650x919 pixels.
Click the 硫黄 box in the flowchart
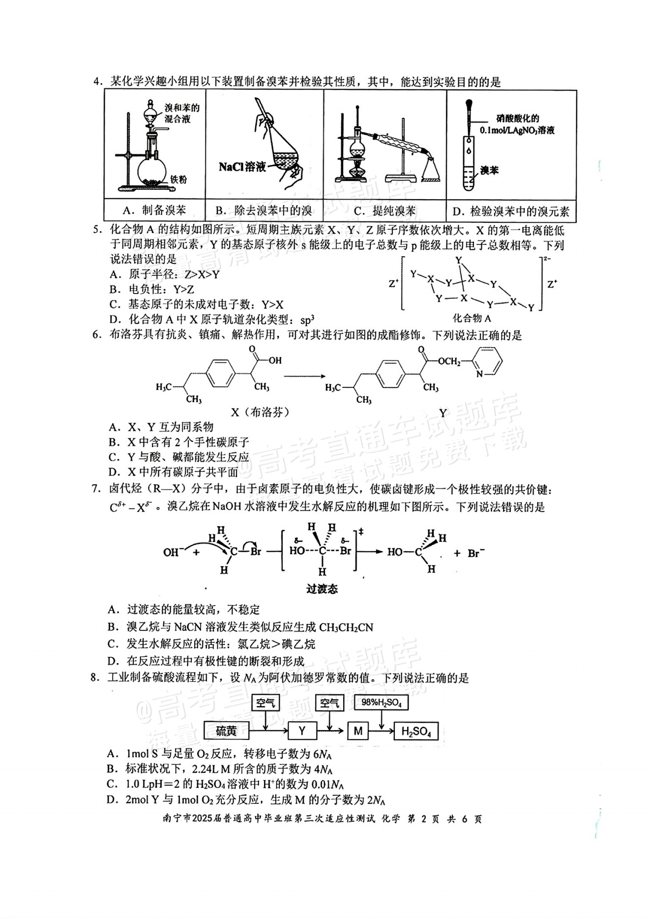point(226,731)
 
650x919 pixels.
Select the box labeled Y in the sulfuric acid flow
point(302,731)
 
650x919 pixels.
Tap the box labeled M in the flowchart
point(357,731)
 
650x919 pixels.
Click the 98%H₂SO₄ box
point(382,703)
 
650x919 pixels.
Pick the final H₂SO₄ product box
point(416,731)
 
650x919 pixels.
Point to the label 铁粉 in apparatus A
point(179,179)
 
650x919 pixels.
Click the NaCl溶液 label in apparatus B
point(242,167)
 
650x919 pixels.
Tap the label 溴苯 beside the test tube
point(489,171)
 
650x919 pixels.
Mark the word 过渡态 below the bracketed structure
point(322,589)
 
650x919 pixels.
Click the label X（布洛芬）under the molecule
point(260,412)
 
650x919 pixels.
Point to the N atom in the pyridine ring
point(479,375)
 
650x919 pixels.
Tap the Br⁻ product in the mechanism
point(476,553)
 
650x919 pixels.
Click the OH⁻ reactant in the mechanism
point(174,552)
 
